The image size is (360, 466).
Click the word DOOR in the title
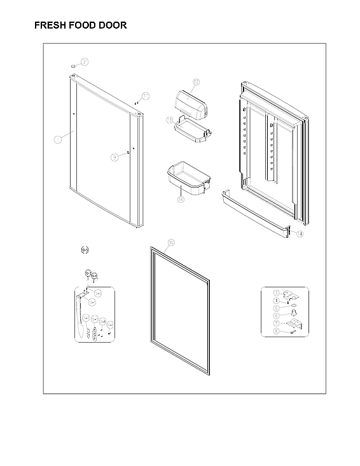tap(113, 25)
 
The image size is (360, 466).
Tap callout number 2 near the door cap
tap(84, 62)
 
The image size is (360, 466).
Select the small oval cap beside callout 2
tap(73, 65)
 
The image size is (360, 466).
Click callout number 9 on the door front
tap(115, 156)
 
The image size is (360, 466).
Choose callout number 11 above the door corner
tap(146, 96)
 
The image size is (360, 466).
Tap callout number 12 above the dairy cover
tap(196, 83)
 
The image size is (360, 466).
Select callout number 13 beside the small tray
tap(170, 119)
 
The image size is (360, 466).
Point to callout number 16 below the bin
tap(181, 199)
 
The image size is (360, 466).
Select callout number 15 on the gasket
tap(170, 243)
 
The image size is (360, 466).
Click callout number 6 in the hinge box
tap(276, 315)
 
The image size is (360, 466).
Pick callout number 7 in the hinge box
tap(276, 322)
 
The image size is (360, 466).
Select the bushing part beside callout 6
tap(293, 313)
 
